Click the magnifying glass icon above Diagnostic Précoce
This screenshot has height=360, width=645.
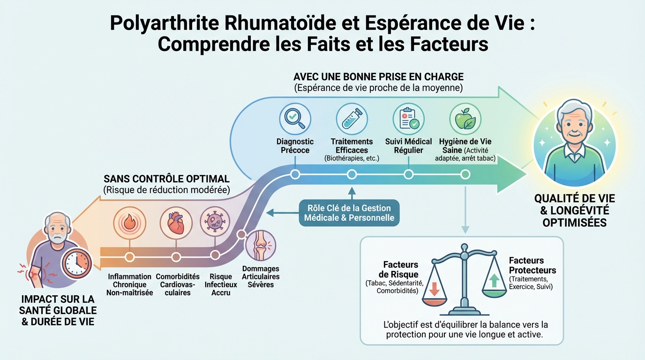pos(295,119)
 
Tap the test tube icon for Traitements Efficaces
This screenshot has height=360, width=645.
pos(352,119)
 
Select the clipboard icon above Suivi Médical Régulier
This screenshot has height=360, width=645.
pos(408,119)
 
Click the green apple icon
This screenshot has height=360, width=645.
pos(465,119)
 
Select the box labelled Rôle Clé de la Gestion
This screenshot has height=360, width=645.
pos(349,213)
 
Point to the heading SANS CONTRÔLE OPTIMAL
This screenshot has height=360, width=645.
pos(166,179)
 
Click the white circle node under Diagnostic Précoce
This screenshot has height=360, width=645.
pos(295,174)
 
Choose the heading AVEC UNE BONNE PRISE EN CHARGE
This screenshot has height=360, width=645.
pos(378,76)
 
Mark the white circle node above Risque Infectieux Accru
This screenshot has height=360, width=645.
pos(215,255)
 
